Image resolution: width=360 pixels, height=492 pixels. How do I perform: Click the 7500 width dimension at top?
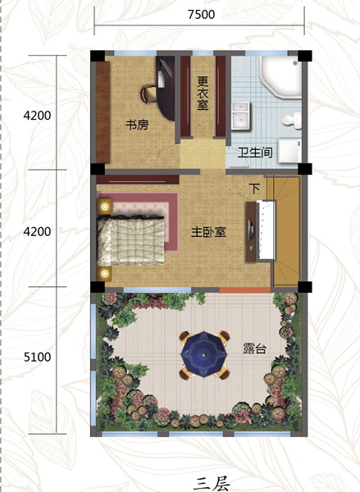(x=201, y=15)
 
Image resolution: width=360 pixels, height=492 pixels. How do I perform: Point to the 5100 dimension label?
(x=37, y=357)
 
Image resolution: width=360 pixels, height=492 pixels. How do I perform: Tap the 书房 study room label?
(x=137, y=125)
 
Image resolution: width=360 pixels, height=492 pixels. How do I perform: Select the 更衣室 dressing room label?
(x=203, y=93)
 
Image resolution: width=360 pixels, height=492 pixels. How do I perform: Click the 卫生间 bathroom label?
(x=254, y=153)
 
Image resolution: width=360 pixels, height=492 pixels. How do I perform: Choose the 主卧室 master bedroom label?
(x=209, y=233)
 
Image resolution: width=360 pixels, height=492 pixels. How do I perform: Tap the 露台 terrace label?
(x=254, y=348)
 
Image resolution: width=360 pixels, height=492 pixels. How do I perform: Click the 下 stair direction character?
(x=254, y=189)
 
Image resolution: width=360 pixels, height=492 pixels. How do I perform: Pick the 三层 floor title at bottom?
(x=212, y=484)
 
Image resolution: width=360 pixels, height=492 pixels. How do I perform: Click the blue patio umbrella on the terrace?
(x=204, y=355)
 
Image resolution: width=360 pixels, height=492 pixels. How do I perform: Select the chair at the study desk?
(x=148, y=93)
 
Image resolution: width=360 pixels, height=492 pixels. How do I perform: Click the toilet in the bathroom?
(x=291, y=121)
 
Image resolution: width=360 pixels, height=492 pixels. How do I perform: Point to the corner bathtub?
(x=280, y=77)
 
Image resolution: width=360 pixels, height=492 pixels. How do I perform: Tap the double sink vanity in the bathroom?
(x=241, y=116)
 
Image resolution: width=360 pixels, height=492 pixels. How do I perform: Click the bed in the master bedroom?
(x=131, y=239)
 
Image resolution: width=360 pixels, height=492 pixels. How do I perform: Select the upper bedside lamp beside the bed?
(x=105, y=207)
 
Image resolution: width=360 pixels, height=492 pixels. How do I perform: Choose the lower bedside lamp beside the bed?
(x=105, y=274)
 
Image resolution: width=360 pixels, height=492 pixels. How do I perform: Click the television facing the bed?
(x=250, y=231)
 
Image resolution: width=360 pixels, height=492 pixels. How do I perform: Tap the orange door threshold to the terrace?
(x=245, y=290)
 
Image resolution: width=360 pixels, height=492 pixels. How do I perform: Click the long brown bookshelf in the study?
(x=103, y=112)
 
